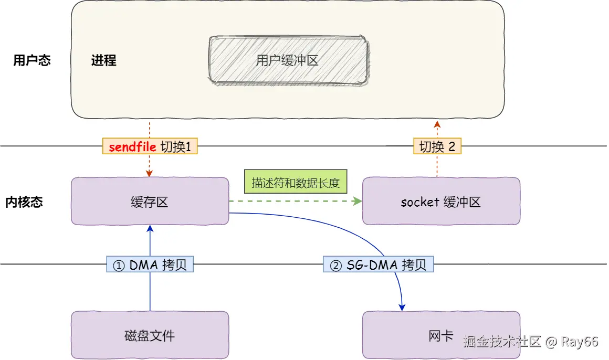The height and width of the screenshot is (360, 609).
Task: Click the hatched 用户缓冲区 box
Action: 288,60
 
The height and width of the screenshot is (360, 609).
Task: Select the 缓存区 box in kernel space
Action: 150,201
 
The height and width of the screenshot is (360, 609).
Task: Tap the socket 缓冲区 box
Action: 441,201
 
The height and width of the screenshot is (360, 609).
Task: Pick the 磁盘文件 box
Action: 150,335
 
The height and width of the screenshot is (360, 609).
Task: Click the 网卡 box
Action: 441,335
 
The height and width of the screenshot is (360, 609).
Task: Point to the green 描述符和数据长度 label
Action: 296,182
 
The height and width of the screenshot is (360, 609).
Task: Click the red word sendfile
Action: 132,147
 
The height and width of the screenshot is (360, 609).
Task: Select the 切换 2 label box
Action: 437,146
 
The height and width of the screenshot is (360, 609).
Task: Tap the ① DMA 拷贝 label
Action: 150,264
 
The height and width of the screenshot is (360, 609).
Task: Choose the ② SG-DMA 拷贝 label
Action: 379,264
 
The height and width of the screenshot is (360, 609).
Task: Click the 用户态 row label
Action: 32,60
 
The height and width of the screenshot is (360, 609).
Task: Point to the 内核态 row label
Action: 24,202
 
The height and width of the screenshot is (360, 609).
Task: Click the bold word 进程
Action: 104,60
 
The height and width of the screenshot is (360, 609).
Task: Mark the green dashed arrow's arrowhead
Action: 358,201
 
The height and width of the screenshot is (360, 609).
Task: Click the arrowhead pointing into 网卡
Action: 402,307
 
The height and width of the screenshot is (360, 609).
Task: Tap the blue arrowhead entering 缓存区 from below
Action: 150,229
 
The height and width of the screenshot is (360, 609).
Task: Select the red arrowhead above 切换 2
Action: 437,124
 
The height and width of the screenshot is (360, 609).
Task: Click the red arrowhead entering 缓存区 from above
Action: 149,173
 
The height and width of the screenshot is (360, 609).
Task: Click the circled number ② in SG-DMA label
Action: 335,266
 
